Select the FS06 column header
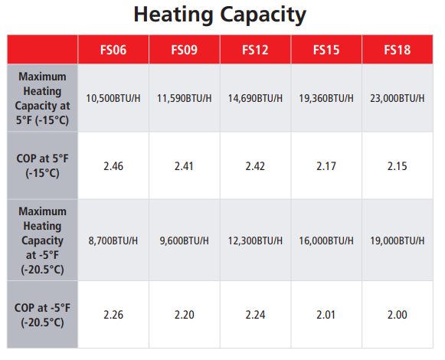pos(113,51)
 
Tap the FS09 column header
pos(184,51)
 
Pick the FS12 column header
pos(255,51)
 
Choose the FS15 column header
pos(326,51)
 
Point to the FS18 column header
pos(397,51)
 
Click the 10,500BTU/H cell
pos(113,99)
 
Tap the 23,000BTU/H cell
pos(398,99)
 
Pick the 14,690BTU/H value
pos(255,99)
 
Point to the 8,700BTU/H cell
pos(113,241)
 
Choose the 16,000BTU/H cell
pos(326,241)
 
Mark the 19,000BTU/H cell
pos(398,241)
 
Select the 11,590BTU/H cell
pos(184,99)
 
